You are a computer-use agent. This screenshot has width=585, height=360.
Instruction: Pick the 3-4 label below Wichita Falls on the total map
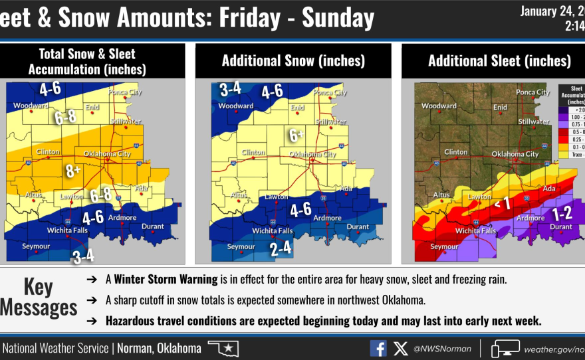coord(84,256)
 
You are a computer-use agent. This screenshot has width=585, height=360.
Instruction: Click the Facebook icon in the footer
coord(378,348)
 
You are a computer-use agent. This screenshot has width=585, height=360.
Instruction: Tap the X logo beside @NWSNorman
coord(400,348)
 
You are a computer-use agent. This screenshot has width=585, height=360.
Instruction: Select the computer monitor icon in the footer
coord(505,348)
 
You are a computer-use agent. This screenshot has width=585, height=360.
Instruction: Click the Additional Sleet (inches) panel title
coord(499,61)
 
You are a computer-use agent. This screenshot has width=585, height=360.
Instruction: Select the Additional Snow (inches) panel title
coord(293,61)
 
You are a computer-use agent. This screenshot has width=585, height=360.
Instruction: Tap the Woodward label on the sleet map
coord(439,106)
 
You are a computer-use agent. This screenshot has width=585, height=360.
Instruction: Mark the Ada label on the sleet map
coord(548,189)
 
